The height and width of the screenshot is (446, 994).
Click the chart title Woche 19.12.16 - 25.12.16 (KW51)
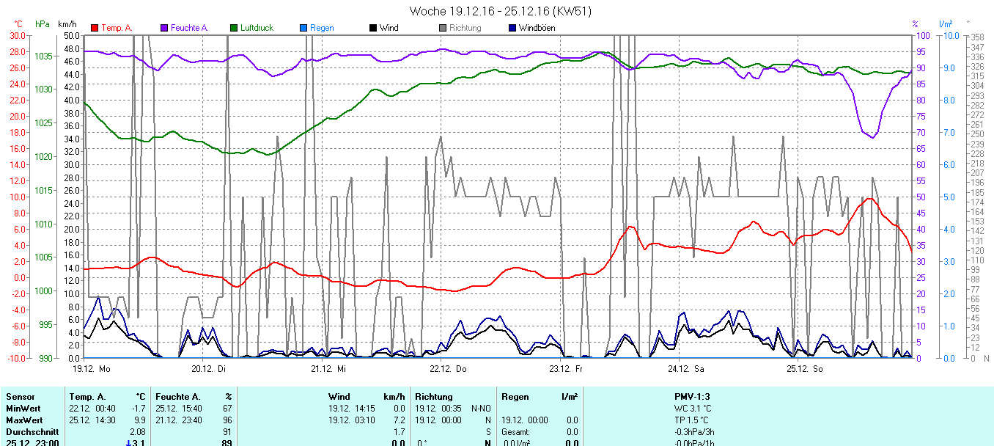[x=500, y=11]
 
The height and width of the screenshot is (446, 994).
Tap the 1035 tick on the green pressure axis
[x=43, y=56]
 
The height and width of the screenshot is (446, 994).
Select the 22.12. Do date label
[x=447, y=369]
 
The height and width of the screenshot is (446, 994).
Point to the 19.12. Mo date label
[x=91, y=369]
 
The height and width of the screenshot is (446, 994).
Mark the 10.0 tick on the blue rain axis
[x=948, y=35]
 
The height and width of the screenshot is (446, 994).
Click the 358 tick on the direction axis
[x=976, y=37]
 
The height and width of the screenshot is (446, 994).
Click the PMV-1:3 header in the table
[x=692, y=397]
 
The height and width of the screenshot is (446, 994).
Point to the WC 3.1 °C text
[x=693, y=409]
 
